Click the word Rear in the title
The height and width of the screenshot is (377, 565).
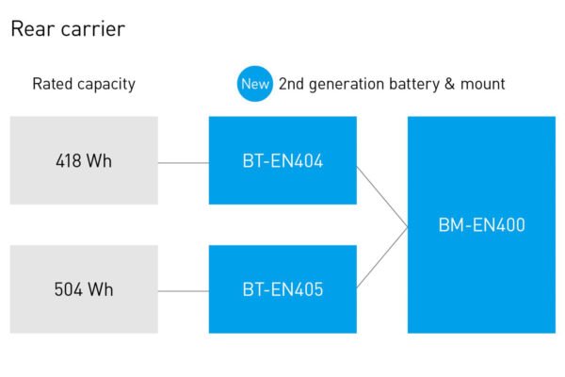33,29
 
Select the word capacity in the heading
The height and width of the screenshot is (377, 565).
106,85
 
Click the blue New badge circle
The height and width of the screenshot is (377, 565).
255,84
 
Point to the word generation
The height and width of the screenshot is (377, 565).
347,85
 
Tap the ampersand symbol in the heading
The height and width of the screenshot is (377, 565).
450,84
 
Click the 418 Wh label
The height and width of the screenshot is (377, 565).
84,160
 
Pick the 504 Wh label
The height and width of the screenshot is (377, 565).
84,289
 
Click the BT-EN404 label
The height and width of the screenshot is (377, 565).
282,160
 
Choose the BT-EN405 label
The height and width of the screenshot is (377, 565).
282,289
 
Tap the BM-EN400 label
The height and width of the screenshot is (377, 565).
482,224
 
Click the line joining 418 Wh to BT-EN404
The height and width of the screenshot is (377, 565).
184,163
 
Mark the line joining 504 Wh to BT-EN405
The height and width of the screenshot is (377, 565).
184,291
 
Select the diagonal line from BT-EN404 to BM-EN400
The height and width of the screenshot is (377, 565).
382,197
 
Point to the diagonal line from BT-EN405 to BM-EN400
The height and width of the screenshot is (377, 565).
382,257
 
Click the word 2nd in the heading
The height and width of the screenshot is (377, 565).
292,84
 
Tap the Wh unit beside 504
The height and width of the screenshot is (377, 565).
101,289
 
